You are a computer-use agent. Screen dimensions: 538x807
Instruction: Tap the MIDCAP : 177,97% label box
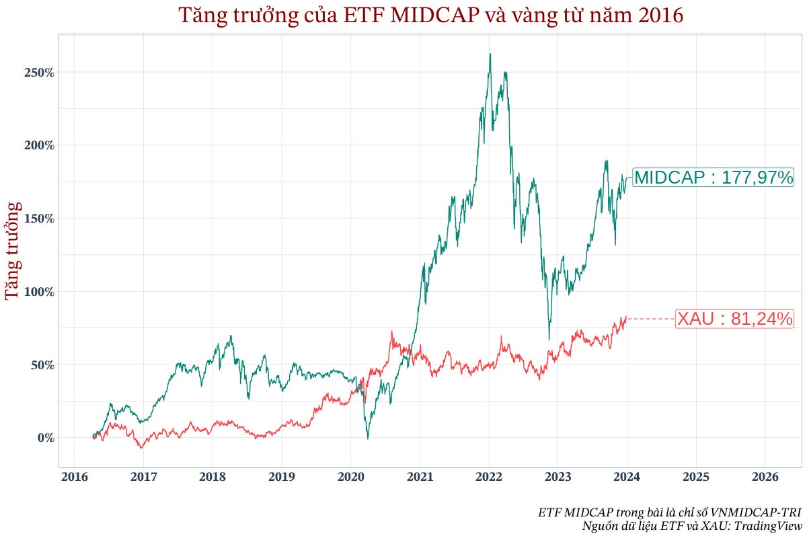[714, 178]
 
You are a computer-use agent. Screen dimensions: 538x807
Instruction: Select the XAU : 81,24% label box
[734, 319]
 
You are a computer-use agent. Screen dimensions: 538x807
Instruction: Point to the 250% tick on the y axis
[39, 72]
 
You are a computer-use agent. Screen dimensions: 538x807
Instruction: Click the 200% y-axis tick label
[39, 145]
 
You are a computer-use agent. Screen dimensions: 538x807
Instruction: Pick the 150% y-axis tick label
[39, 219]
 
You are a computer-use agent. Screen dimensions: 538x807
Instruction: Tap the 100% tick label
[39, 292]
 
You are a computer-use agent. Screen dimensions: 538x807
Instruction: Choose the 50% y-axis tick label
[42, 364]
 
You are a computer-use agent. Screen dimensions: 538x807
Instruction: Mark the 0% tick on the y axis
[45, 438]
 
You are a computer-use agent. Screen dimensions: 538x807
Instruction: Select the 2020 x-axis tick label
[350, 477]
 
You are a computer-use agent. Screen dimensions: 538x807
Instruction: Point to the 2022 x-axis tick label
[488, 477]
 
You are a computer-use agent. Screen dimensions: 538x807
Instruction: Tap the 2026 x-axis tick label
[765, 477]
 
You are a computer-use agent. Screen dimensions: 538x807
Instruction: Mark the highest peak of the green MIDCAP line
[490, 54]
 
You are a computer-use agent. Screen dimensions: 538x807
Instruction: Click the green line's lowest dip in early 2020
[367, 438]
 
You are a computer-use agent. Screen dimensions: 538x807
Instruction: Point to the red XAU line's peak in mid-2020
[391, 331]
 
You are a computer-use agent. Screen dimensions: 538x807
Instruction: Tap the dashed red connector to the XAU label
[651, 319]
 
